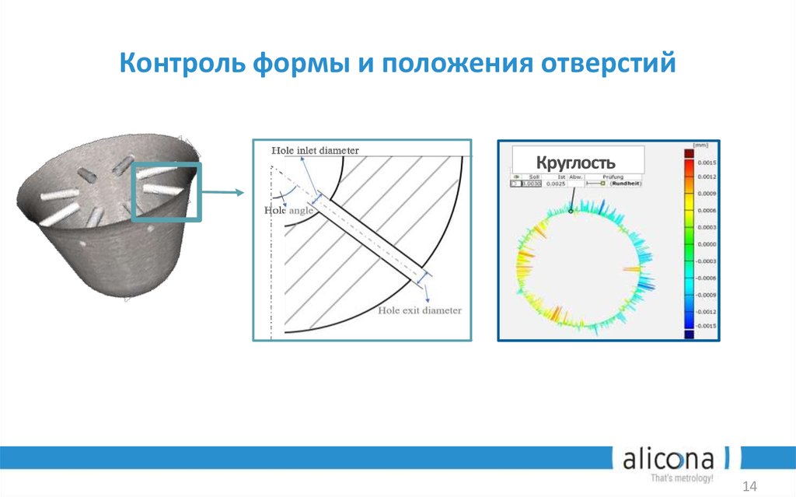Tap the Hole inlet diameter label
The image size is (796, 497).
coord(314,150)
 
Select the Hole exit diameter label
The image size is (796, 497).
coord(420,310)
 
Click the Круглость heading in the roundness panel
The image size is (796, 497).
coord(576,163)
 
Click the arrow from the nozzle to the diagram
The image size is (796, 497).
coord(225,194)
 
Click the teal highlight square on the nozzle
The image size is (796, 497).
coord(166,192)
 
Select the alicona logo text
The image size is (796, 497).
coord(671,460)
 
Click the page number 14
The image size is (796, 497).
coord(750,486)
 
